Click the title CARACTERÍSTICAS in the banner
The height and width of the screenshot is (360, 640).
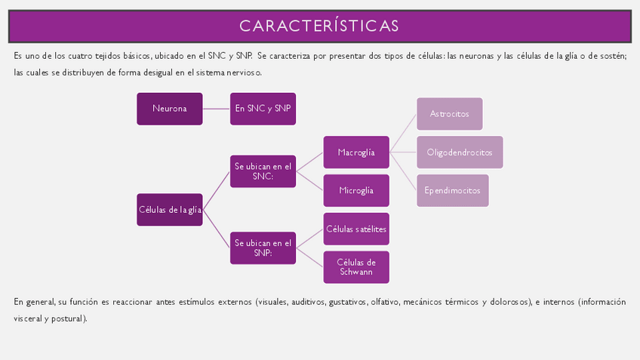click(319, 26)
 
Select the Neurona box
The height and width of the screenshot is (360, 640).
click(170, 109)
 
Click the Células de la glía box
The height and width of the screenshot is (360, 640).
click(170, 210)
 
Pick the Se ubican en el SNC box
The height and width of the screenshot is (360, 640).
click(262, 171)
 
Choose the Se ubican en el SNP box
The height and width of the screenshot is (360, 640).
click(262, 248)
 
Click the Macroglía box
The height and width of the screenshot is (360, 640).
click(356, 152)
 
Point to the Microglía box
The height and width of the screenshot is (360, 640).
click(356, 190)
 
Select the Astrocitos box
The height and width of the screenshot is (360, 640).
click(449, 113)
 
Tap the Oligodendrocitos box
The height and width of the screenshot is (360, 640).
click(460, 152)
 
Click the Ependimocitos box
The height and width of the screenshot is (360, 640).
click(452, 190)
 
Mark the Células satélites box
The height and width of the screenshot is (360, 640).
click(356, 229)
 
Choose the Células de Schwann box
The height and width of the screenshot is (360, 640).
click(356, 267)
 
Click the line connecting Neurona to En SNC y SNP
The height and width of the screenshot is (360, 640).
click(216, 109)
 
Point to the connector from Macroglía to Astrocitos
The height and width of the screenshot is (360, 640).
click(403, 133)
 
